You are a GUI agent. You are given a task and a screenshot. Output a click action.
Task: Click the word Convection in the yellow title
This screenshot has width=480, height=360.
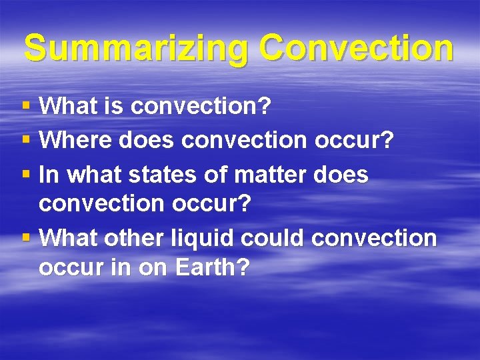coord(357,48)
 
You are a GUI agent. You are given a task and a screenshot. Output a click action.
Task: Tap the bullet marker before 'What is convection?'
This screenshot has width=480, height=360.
coord(26,105)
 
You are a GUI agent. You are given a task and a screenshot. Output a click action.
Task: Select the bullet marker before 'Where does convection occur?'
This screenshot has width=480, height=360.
coord(26,140)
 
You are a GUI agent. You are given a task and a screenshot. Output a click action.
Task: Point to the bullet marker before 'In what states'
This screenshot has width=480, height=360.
coord(26,175)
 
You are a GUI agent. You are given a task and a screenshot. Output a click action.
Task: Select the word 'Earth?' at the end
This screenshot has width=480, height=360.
coord(212,268)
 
